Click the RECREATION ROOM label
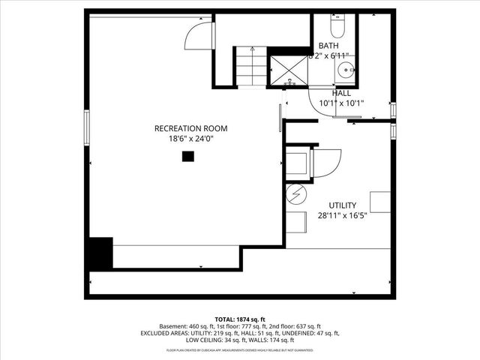190,128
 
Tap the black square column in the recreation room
187,156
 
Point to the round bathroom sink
346,70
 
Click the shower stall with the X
289,69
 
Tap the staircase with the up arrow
251,66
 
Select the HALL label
341,93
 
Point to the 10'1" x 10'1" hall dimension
341,103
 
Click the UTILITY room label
342,205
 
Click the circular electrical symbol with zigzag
296,193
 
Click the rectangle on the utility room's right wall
380,202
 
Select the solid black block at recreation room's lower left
100,253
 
